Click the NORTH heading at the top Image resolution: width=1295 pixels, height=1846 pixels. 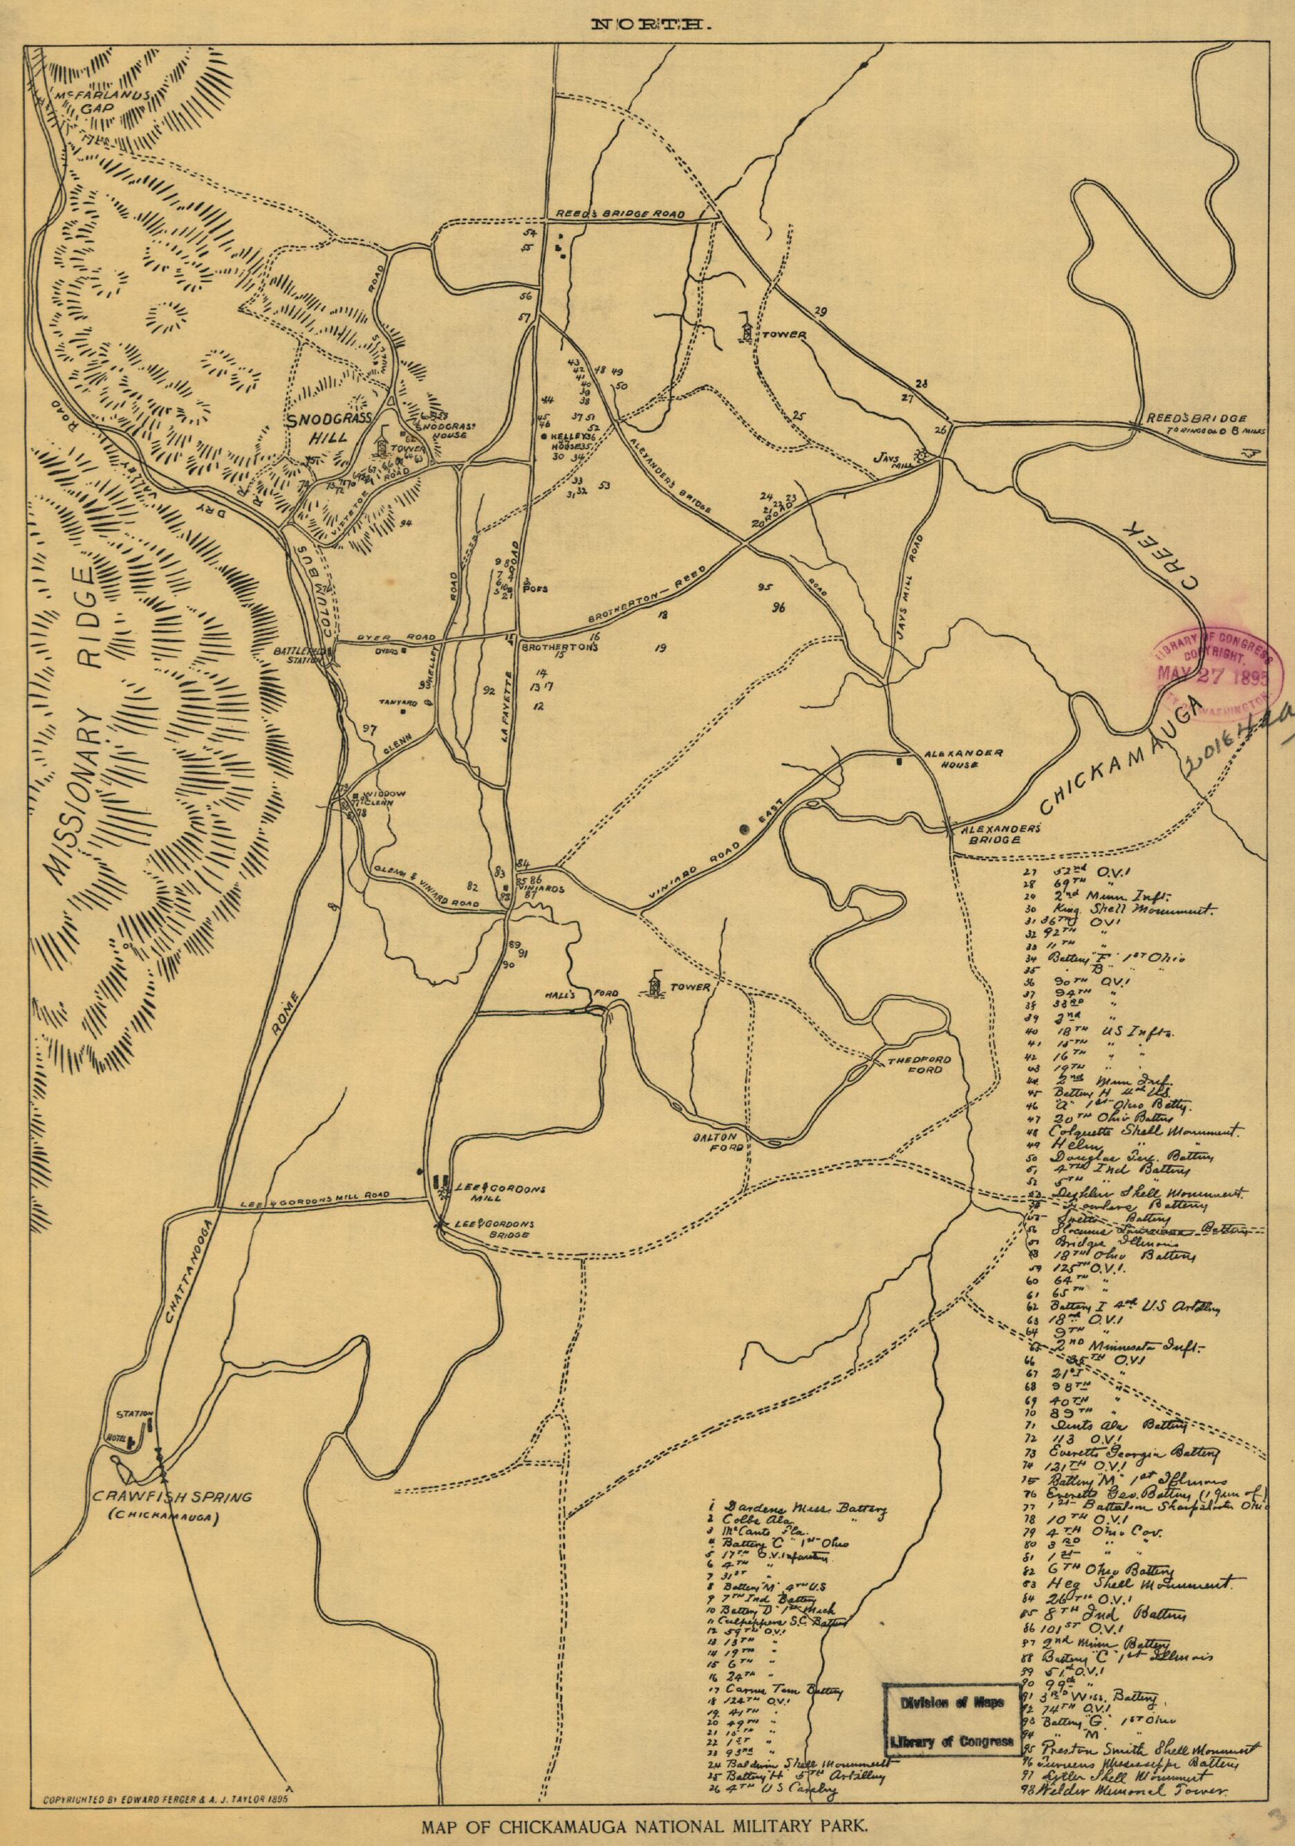click(x=647, y=26)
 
